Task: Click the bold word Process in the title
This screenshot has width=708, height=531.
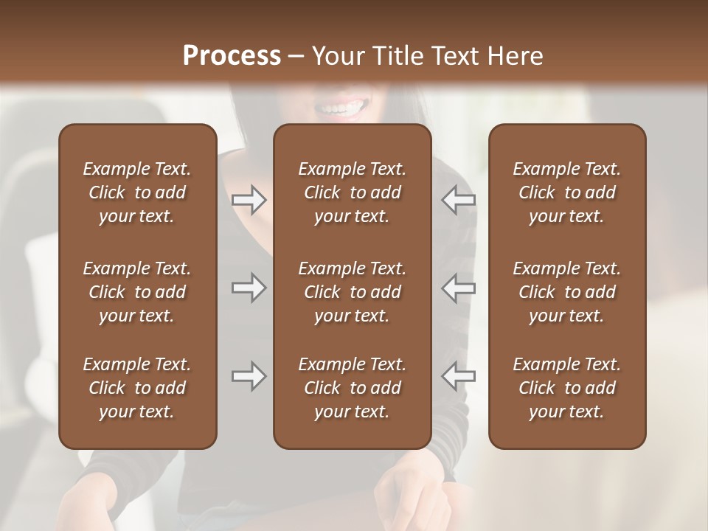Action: [x=232, y=56]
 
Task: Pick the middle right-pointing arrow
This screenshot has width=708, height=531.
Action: [x=249, y=288]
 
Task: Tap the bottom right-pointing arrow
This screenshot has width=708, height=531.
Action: [x=249, y=376]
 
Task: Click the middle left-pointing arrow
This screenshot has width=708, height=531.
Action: [x=458, y=288]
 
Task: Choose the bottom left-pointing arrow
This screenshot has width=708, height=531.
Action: [x=458, y=376]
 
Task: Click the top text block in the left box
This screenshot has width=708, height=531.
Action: [x=137, y=192]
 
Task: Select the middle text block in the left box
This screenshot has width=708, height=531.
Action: [x=137, y=292]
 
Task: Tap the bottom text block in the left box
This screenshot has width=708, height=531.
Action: [x=137, y=388]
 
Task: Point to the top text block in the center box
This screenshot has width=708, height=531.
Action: [x=352, y=192]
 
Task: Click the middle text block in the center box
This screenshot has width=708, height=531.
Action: [x=352, y=292]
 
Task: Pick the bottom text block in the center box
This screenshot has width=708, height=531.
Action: [x=352, y=388]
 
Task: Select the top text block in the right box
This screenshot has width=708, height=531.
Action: [x=566, y=192]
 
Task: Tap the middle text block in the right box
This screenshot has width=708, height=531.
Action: [x=566, y=292]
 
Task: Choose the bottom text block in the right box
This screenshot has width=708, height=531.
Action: [x=566, y=388]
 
